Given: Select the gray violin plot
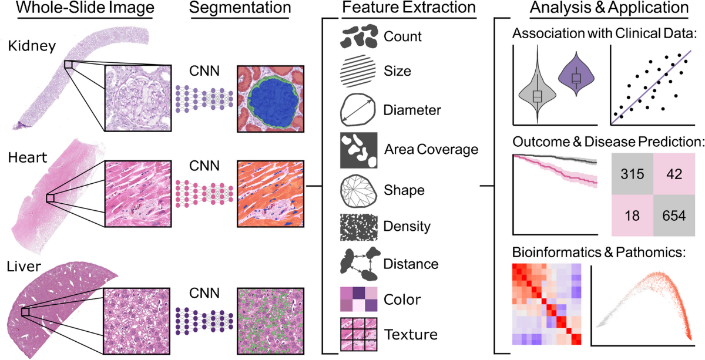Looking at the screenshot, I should coord(537,93).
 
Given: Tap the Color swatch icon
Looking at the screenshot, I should coord(357,300).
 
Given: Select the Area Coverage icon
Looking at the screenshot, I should coord(357,150).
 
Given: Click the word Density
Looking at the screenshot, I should coord(407,226).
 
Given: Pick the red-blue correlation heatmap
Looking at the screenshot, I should coord(547,305).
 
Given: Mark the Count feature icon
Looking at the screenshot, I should coord(357,36).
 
